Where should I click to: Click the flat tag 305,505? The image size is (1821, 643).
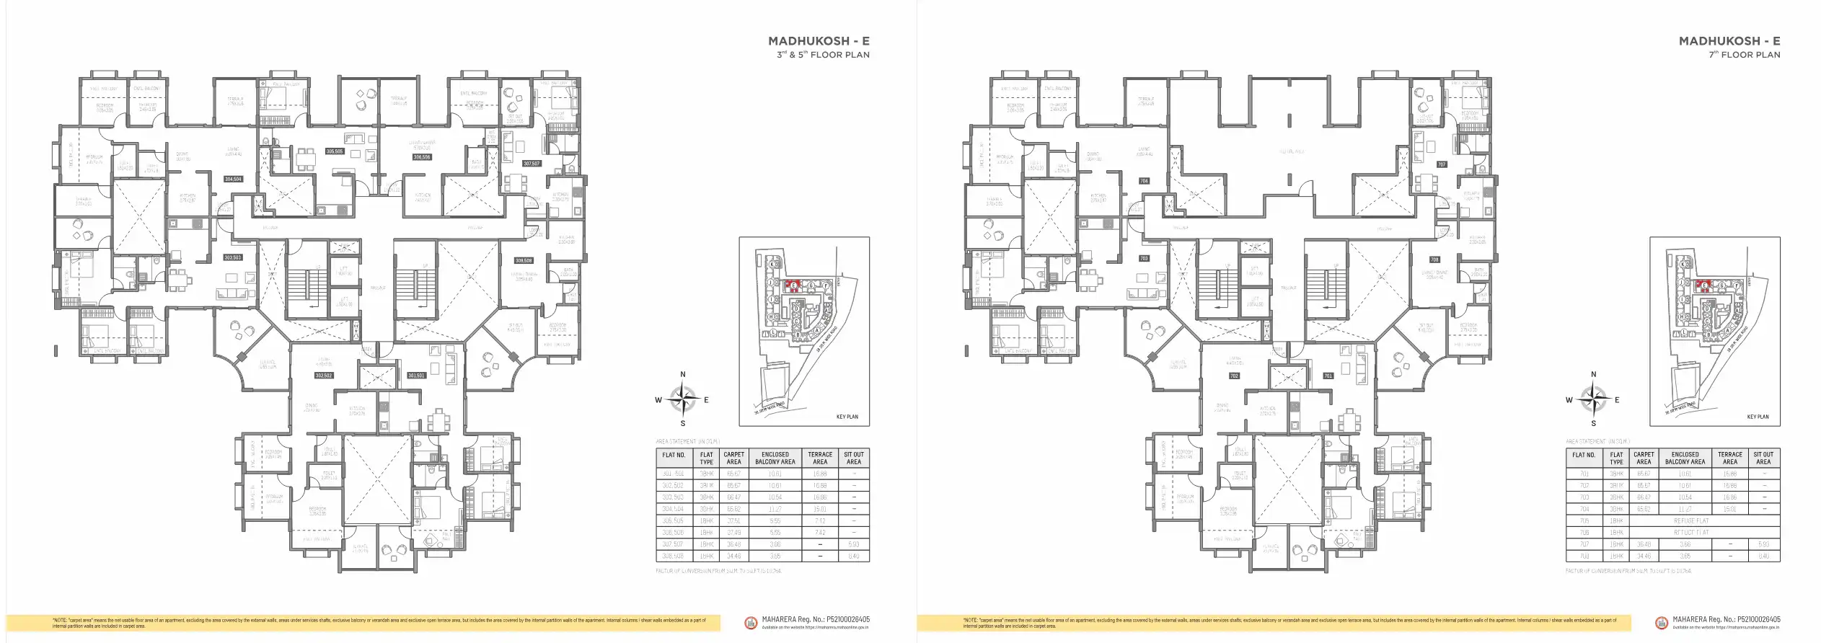click(x=334, y=151)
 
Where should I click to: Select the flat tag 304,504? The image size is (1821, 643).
click(x=233, y=179)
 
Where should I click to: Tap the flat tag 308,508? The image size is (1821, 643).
click(x=524, y=260)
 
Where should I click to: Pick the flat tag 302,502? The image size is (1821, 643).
click(x=324, y=376)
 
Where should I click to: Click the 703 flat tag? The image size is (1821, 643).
click(x=1144, y=258)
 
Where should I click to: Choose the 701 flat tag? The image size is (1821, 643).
click(x=1328, y=376)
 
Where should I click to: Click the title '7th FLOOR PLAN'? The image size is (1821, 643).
click(x=1744, y=55)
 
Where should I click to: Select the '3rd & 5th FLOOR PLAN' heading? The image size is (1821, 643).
click(x=823, y=55)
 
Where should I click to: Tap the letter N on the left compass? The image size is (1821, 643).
click(x=683, y=375)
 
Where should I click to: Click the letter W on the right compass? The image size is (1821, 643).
click(x=1569, y=400)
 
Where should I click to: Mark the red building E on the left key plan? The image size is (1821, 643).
click(x=793, y=285)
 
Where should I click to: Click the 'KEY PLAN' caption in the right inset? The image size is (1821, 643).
click(x=1758, y=417)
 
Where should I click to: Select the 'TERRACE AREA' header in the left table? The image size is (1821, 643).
click(x=820, y=458)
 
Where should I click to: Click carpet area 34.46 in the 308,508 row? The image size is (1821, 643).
click(x=734, y=556)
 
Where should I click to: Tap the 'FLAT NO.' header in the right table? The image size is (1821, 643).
click(x=1584, y=455)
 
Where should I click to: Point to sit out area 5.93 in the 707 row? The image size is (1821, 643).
click(x=1763, y=544)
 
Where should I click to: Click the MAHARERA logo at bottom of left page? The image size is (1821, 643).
click(x=751, y=622)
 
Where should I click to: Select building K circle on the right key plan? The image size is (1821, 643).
click(x=1684, y=265)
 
